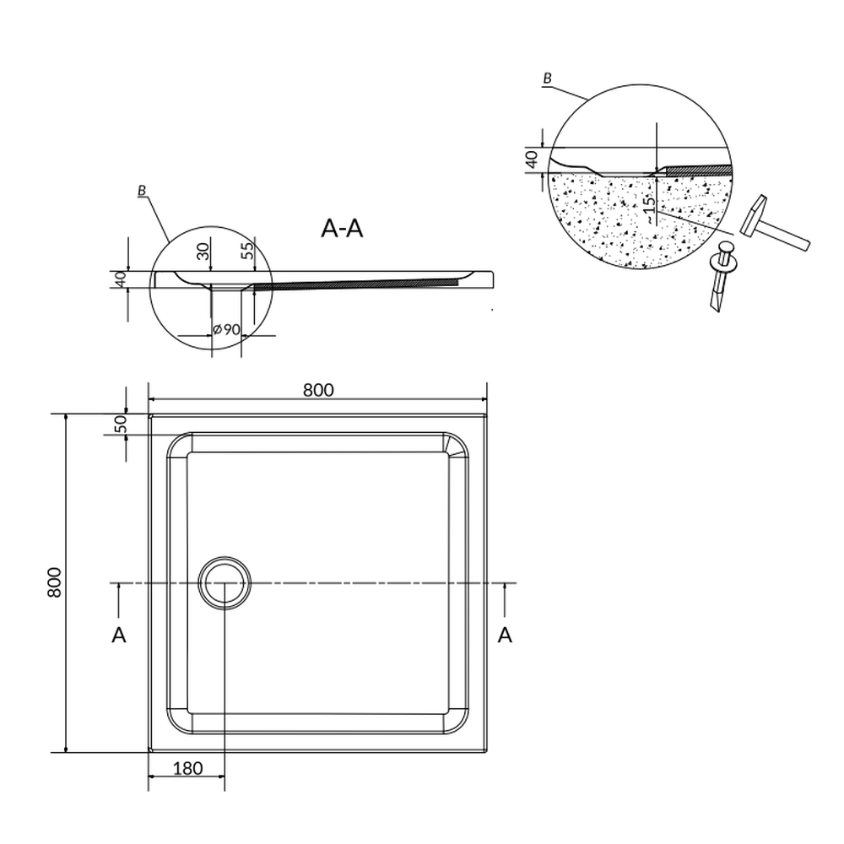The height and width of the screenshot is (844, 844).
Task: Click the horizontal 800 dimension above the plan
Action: coord(318,390)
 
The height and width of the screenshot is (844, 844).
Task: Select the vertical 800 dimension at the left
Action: coord(55,582)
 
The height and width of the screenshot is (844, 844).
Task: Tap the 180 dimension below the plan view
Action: coord(188,768)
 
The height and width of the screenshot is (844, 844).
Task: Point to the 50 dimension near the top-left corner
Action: coord(121,424)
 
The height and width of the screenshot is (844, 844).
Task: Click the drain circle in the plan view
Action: coord(225,583)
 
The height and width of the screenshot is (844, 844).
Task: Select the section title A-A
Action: coord(342,228)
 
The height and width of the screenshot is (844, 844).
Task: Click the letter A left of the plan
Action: coord(119,636)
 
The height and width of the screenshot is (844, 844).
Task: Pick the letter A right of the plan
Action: coord(505,636)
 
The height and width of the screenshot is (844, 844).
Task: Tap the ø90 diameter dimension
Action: coord(226,329)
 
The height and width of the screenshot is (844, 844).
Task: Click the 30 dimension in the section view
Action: coord(203,251)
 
